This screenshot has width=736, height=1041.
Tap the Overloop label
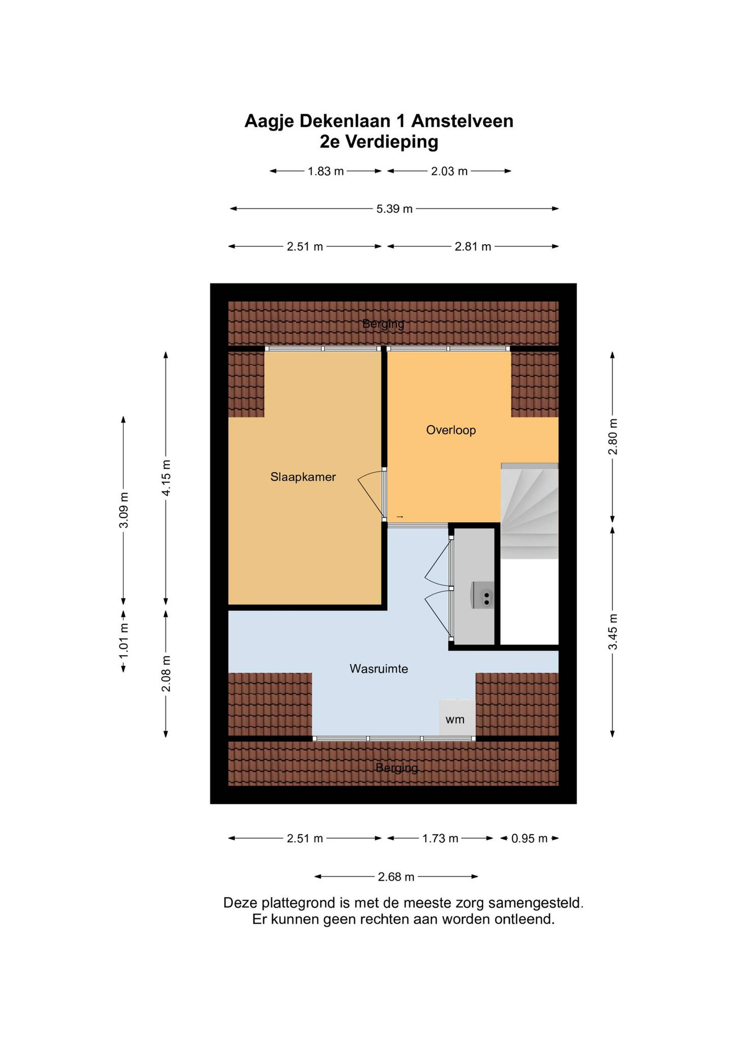tap(451, 430)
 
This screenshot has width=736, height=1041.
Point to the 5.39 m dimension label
tap(394, 209)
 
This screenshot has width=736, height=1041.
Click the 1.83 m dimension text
tap(326, 171)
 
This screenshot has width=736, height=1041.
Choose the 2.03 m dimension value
tap(449, 171)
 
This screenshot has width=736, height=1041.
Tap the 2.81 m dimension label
tap(472, 247)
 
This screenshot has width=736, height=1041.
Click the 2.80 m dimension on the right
tap(613, 436)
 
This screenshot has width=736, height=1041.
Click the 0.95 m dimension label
tap(529, 838)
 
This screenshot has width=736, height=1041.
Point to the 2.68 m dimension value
tap(396, 877)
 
